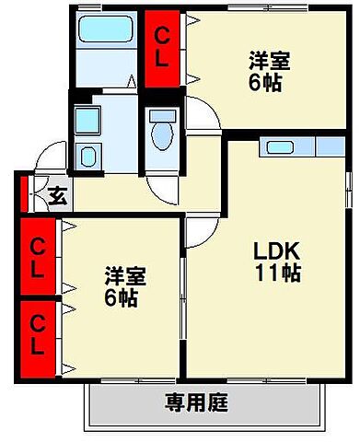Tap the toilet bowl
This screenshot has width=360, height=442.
[162, 133]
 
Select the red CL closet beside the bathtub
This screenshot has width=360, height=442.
[162, 49]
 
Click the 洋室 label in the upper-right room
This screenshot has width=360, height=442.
[270, 63]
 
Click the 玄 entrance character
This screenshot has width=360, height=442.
[55, 196]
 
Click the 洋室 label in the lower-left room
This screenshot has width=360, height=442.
[123, 276]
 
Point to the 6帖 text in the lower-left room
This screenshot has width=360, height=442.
[122, 298]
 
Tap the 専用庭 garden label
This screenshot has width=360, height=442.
[196, 402]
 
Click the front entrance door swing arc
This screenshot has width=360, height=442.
[41, 166]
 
